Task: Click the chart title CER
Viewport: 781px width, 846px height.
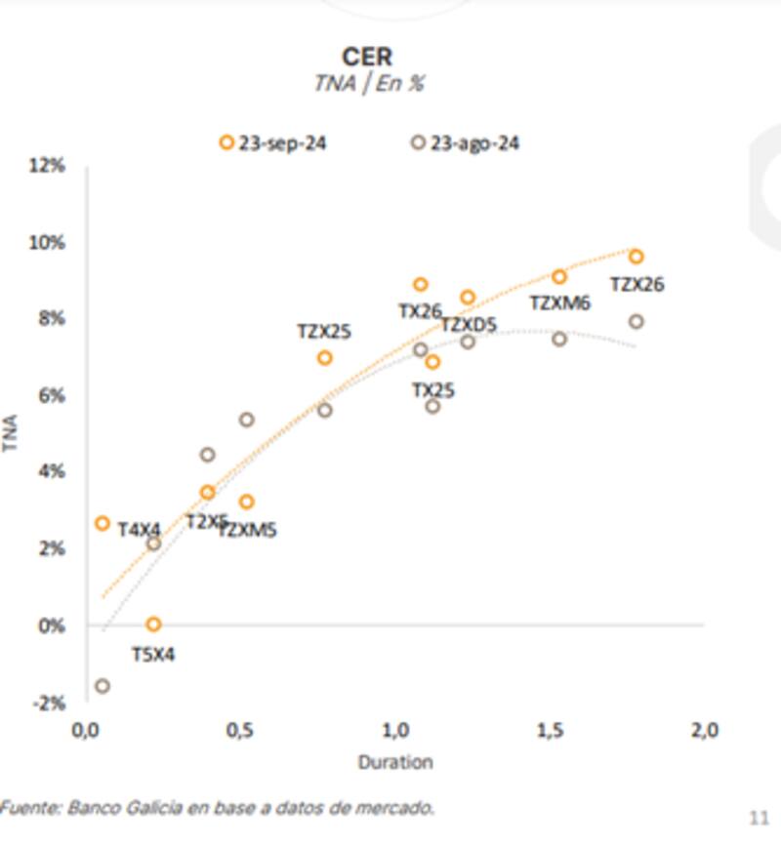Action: (x=367, y=56)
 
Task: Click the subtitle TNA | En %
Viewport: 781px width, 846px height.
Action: (x=368, y=83)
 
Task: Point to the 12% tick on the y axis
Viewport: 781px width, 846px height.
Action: (x=48, y=165)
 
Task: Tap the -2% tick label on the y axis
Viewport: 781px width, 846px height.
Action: (x=50, y=703)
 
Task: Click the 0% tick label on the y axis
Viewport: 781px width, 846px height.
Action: (x=52, y=625)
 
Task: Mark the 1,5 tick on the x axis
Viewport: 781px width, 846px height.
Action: (x=550, y=730)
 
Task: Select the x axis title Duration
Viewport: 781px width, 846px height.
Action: (x=394, y=762)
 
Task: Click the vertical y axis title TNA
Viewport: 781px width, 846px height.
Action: (x=13, y=433)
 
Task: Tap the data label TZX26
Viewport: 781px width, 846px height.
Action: (x=637, y=285)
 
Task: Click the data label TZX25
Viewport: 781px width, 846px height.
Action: (x=324, y=332)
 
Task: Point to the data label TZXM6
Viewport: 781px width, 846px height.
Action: (x=559, y=303)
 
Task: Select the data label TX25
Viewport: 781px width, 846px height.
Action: (x=432, y=389)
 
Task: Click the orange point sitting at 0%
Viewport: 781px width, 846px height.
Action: (x=153, y=624)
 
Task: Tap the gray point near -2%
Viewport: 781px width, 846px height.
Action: (x=102, y=686)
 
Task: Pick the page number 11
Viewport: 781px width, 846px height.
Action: (x=759, y=816)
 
